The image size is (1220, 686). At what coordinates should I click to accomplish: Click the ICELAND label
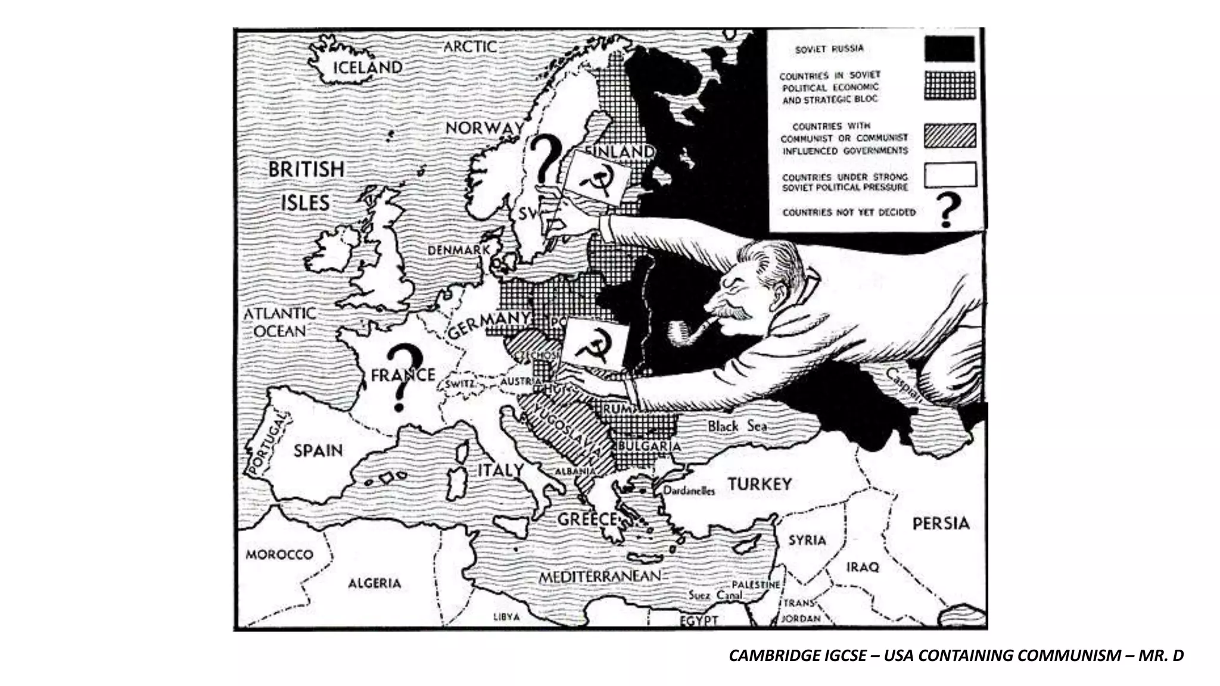[367, 67]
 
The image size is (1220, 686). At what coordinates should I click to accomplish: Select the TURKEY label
[760, 484]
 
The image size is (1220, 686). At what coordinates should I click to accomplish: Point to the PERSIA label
[941, 523]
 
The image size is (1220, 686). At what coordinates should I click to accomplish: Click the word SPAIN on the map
[318, 451]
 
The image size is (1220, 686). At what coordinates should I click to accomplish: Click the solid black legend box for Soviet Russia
[950, 49]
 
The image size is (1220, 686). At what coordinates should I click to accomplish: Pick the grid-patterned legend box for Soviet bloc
[950, 85]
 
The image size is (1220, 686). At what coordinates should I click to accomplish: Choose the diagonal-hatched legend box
[950, 135]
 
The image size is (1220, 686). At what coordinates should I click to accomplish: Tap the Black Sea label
[737, 426]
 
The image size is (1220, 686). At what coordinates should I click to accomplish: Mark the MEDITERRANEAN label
[600, 576]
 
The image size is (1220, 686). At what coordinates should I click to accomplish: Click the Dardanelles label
[689, 491]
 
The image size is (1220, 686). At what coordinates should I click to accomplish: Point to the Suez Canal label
[715, 595]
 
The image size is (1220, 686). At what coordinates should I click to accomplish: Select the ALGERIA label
[374, 583]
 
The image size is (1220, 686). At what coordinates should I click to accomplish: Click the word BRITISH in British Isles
[306, 170]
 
